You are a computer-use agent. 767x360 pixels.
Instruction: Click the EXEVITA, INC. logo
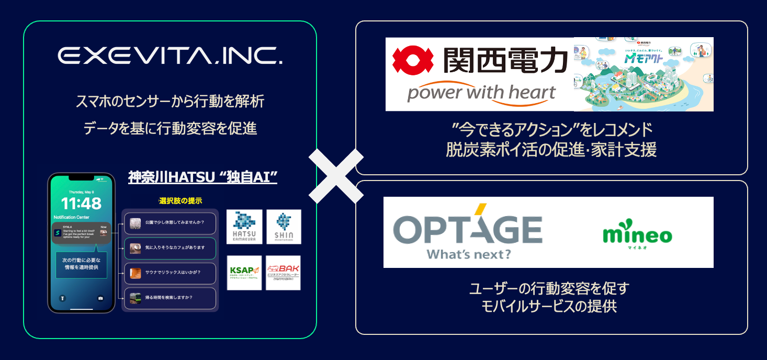pyautogui.click(x=170, y=56)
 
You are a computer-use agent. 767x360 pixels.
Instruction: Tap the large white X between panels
pyautogui.click(x=336, y=176)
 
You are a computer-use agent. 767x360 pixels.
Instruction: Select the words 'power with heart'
pyautogui.click(x=481, y=93)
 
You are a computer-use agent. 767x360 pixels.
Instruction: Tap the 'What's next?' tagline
pyautogui.click(x=469, y=254)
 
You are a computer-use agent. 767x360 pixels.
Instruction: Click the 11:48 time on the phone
pyautogui.click(x=81, y=203)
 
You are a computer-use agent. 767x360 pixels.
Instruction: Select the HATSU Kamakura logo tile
pyautogui.click(x=244, y=227)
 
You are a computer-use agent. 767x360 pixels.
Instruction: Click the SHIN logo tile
pyautogui.click(x=284, y=227)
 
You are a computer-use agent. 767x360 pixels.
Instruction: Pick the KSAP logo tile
pyautogui.click(x=244, y=273)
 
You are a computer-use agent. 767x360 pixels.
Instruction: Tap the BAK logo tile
pyautogui.click(x=284, y=273)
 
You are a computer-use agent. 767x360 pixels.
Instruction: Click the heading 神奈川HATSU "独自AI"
pyautogui.click(x=202, y=177)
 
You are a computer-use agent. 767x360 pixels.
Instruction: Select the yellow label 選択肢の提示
pyautogui.click(x=179, y=200)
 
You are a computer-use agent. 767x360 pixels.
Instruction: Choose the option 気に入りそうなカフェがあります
pyautogui.click(x=170, y=248)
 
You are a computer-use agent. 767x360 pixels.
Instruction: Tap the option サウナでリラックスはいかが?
pyautogui.click(x=170, y=273)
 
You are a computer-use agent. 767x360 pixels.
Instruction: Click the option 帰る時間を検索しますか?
pyautogui.click(x=170, y=298)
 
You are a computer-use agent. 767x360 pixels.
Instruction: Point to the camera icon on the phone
pyautogui.click(x=100, y=298)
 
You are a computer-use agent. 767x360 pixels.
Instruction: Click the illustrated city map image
pyautogui.click(x=643, y=74)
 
